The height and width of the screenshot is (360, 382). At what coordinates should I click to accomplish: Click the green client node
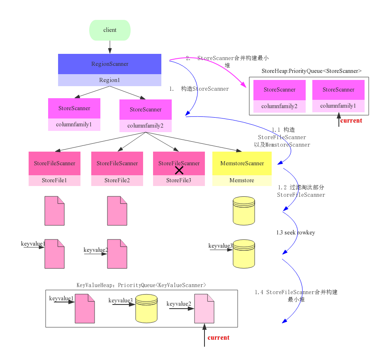click(x=110, y=30)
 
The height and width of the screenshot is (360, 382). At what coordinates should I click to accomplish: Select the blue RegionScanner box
click(x=109, y=64)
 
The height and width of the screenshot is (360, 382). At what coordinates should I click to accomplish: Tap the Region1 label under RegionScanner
click(x=109, y=80)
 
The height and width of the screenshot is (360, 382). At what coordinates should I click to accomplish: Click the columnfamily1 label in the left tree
click(x=74, y=124)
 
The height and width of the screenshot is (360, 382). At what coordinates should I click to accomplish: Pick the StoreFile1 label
click(x=54, y=181)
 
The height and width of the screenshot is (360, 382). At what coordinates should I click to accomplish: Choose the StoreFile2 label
click(x=117, y=181)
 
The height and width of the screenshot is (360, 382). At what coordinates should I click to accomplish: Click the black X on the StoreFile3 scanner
click(x=179, y=170)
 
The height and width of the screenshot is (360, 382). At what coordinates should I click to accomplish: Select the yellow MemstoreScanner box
click(x=242, y=164)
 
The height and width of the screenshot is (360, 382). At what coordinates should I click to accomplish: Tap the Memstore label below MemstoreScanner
click(x=242, y=181)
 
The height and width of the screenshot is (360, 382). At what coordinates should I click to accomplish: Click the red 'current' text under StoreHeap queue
click(x=351, y=121)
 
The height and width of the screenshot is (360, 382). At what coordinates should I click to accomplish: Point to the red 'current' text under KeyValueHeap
click(x=219, y=338)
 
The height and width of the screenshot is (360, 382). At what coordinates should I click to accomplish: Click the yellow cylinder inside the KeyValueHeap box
click(x=146, y=309)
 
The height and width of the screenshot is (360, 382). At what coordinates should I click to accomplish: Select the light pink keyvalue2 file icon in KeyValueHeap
click(x=204, y=309)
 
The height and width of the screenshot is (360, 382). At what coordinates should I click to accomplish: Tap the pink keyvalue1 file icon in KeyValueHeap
click(x=85, y=309)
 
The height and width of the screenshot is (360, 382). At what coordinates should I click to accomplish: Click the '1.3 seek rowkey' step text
click(x=295, y=233)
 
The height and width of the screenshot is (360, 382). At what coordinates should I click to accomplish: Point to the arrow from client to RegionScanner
click(x=110, y=47)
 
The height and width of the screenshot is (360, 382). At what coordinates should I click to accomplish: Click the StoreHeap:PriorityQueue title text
click(x=311, y=71)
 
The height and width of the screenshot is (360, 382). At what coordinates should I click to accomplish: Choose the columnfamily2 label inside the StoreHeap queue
click(x=279, y=106)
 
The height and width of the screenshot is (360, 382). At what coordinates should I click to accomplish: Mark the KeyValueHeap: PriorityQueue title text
click(x=141, y=285)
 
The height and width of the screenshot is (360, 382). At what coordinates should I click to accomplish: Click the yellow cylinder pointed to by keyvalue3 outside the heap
click(x=243, y=254)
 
